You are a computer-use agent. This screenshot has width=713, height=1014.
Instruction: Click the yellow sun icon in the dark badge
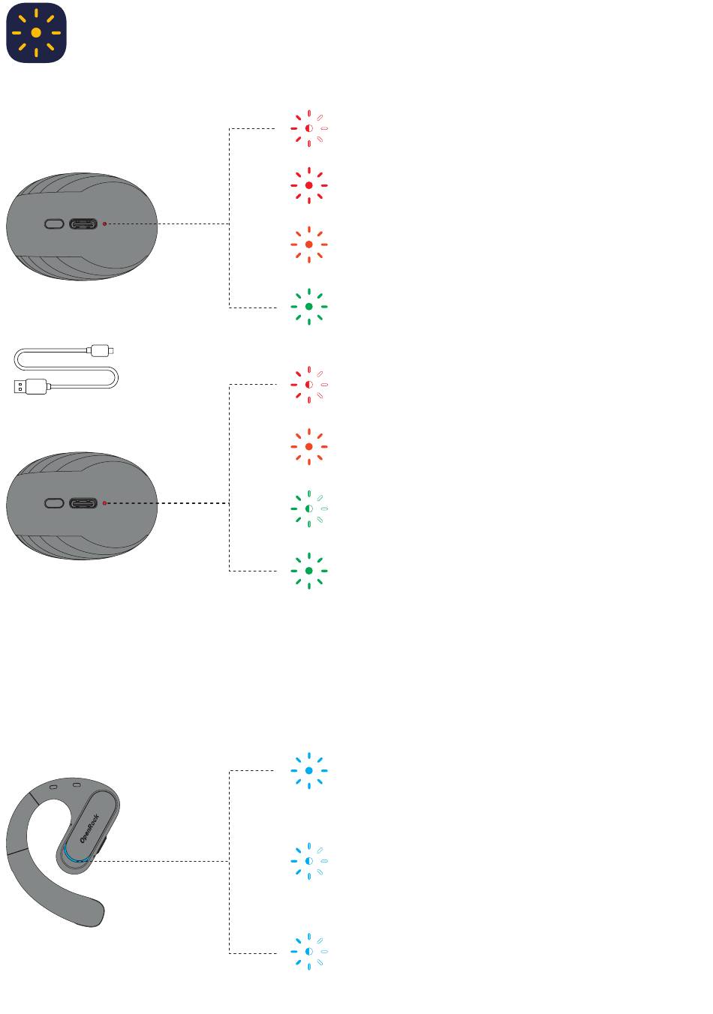point(36,33)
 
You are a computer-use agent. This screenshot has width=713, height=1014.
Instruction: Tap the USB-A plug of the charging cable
point(29,387)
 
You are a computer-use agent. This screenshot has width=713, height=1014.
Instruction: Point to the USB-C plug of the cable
point(101,349)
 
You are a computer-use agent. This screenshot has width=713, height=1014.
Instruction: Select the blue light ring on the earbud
point(69,855)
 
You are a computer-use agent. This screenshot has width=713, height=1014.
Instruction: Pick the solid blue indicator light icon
point(308,770)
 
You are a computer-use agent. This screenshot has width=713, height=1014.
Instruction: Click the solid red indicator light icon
point(308,185)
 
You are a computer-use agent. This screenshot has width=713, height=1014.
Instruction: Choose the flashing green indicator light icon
point(308,508)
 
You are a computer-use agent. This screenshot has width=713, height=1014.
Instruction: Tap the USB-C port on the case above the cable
point(83,223)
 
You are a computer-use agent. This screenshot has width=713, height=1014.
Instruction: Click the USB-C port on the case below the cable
point(83,503)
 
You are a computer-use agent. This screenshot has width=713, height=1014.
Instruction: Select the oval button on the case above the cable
point(54,223)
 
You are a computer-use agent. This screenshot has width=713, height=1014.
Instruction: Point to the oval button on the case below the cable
point(54,503)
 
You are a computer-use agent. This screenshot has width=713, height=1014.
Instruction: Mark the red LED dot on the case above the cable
point(104,223)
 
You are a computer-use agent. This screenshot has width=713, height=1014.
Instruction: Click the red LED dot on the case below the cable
point(104,503)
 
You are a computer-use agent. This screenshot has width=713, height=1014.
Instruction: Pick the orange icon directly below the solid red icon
point(308,244)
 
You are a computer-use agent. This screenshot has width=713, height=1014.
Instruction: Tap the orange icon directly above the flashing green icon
point(308,447)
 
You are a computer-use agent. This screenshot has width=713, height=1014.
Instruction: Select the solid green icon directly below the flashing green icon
point(308,571)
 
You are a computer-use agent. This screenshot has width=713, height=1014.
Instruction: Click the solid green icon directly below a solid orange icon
point(308,306)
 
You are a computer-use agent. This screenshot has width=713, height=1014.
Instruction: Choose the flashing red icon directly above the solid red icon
point(308,128)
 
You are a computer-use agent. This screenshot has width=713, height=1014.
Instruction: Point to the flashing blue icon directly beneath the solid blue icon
point(308,860)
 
